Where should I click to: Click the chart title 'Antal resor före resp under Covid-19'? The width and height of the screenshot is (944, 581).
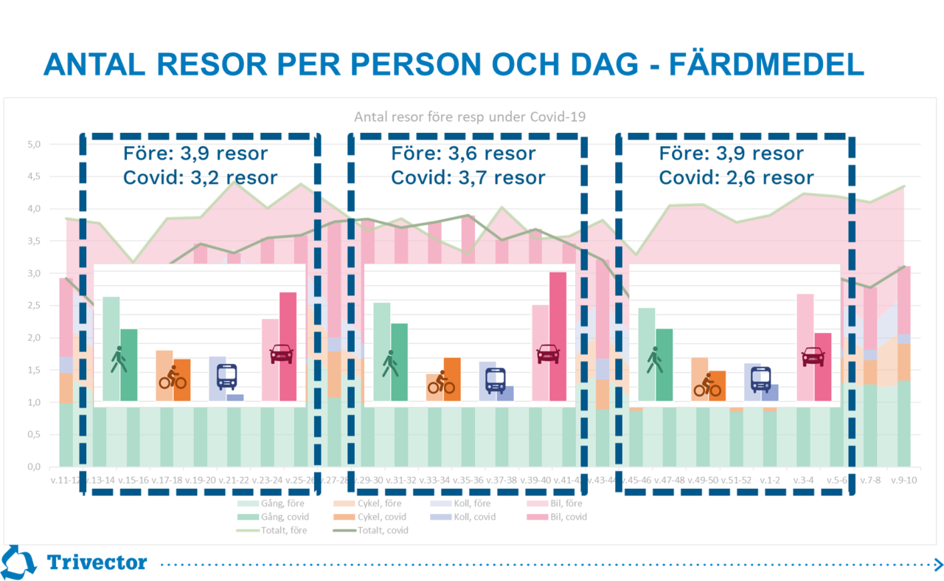click(x=470, y=116)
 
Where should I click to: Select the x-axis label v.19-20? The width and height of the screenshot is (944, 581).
click(x=200, y=480)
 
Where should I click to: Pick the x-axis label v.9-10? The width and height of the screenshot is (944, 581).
click(x=902, y=480)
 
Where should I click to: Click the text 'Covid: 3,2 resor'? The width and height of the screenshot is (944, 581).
click(x=200, y=178)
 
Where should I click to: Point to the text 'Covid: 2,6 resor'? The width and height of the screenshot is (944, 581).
click(x=736, y=178)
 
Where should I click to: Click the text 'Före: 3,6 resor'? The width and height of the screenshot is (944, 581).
click(x=463, y=154)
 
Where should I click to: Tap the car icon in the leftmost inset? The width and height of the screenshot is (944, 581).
click(x=282, y=355)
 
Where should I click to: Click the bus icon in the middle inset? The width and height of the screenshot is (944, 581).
click(x=496, y=379)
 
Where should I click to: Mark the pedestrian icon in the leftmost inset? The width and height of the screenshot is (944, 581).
click(x=118, y=360)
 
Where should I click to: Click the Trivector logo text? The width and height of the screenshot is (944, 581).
click(x=97, y=563)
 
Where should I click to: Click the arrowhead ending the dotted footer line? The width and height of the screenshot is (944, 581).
click(x=937, y=565)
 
